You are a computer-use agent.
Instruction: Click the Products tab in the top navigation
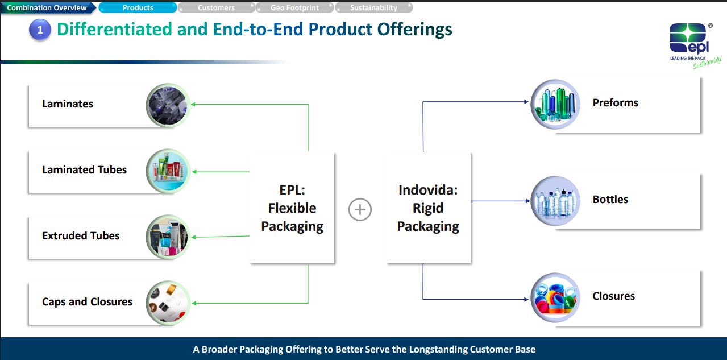coord(138,8)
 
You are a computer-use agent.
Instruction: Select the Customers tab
coord(216,8)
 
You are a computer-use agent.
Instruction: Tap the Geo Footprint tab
coord(294,8)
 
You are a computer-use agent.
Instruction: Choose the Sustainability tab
coord(373,8)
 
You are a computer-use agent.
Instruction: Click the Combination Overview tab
coord(47,8)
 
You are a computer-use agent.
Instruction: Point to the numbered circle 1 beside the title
coord(40,30)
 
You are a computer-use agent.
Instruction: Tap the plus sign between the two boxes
coord(360,209)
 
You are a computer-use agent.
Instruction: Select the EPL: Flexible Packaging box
coord(292,208)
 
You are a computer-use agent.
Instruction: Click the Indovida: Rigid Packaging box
coord(428,208)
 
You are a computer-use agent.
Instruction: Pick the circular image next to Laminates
coord(167,105)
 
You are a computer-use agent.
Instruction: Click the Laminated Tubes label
coord(84,170)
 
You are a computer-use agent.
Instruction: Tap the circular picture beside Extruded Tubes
coord(167,237)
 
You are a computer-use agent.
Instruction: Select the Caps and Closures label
coord(87,302)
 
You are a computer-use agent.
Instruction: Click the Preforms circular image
coord(555,104)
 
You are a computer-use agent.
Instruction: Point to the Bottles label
coord(610,200)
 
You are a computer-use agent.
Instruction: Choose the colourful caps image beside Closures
coord(555,297)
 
